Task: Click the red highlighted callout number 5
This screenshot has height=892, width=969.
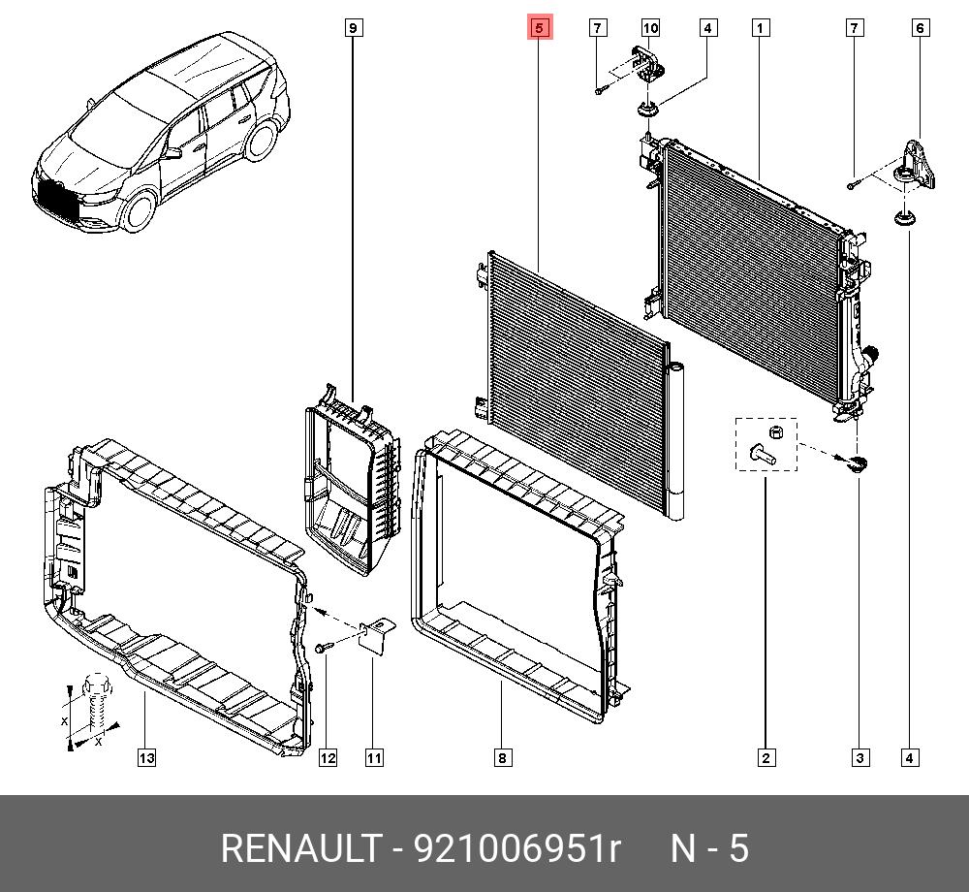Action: [540, 28]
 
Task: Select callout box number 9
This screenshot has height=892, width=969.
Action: [354, 28]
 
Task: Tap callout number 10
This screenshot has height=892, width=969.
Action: [649, 28]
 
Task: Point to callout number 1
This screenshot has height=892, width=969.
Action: [762, 28]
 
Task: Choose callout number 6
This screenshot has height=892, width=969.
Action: [921, 28]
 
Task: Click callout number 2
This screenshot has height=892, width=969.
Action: [766, 758]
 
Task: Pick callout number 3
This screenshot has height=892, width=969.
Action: [860, 758]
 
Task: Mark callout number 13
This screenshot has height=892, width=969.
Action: [145, 758]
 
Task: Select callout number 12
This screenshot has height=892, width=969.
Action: [328, 758]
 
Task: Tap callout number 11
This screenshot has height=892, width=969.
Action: [374, 758]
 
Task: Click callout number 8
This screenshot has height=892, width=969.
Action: [502, 758]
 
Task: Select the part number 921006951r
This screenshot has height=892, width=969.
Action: [516, 849]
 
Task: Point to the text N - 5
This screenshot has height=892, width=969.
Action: [710, 849]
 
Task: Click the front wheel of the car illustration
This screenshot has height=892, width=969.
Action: [142, 216]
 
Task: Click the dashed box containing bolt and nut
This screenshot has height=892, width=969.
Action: [766, 443]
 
